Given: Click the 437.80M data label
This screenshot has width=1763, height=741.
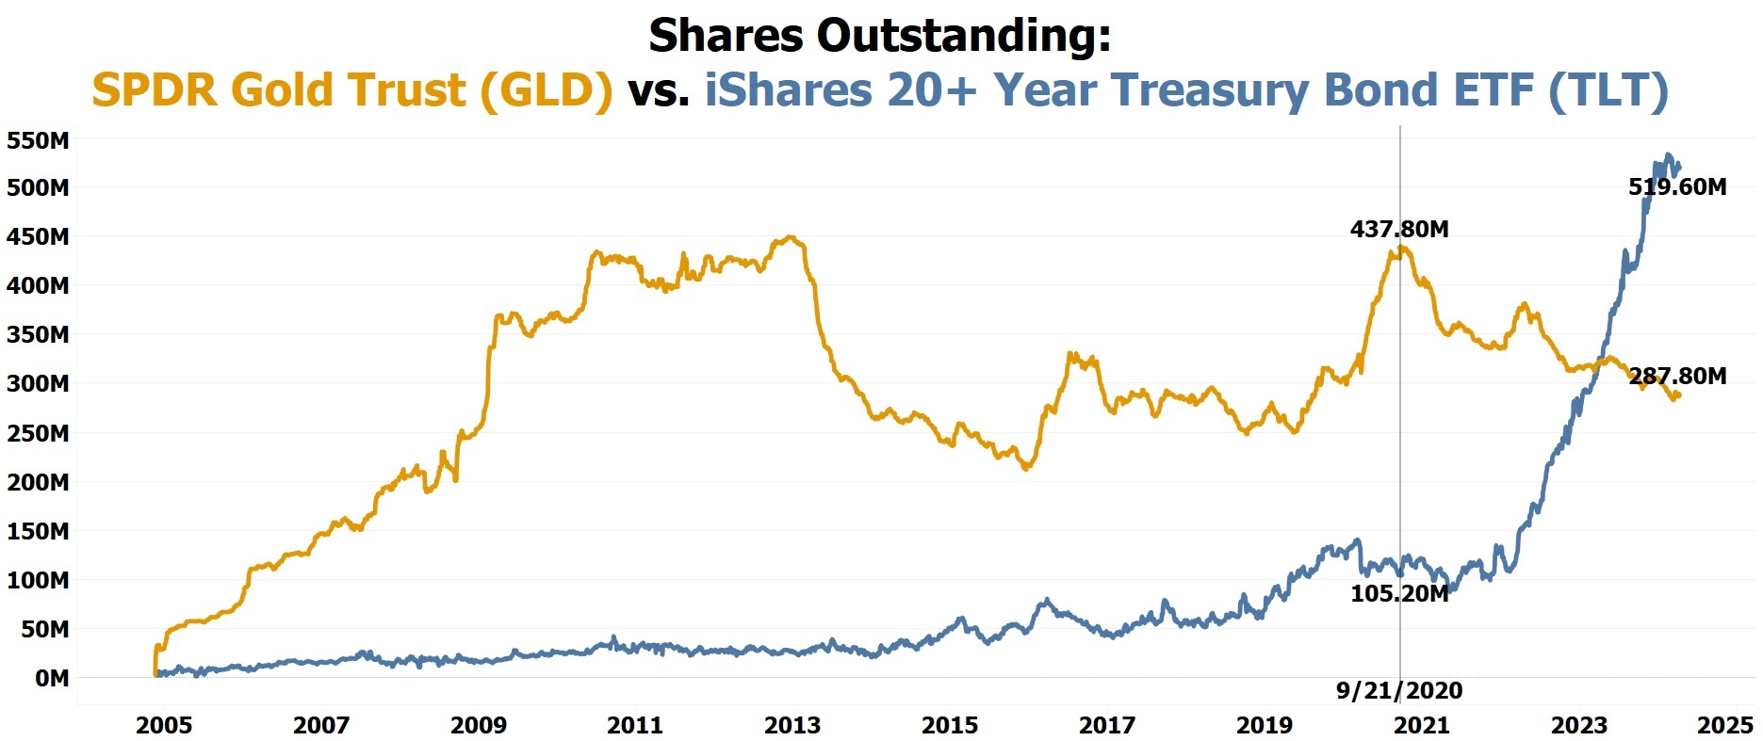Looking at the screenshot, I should (x=1399, y=229).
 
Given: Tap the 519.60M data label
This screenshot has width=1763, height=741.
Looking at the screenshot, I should (x=1677, y=186).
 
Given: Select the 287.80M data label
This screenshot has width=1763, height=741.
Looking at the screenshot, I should (x=1677, y=376).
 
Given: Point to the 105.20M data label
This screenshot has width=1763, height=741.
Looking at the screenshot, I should (x=1399, y=593).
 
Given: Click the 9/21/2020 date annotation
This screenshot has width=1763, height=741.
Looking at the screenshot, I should (x=1399, y=690).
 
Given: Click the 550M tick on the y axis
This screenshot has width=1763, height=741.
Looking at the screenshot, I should (x=38, y=140).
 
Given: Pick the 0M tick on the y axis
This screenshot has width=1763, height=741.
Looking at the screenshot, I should (x=51, y=678).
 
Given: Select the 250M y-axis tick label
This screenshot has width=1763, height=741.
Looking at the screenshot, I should (x=38, y=433).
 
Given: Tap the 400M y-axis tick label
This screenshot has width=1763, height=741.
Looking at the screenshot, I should (x=38, y=285).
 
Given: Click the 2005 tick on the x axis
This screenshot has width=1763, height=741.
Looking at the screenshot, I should (x=164, y=725).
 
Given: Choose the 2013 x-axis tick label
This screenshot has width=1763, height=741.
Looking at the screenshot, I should (x=792, y=725).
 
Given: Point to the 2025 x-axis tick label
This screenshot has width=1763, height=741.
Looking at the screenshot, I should (x=1724, y=725).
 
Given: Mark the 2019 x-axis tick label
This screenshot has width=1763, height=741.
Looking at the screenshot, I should (x=1265, y=725).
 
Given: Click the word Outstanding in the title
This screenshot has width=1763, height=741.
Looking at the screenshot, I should (x=963, y=36).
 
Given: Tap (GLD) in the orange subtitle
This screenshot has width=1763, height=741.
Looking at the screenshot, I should (x=547, y=90).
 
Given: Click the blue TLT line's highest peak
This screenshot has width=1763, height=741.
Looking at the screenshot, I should (x=1668, y=154).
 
